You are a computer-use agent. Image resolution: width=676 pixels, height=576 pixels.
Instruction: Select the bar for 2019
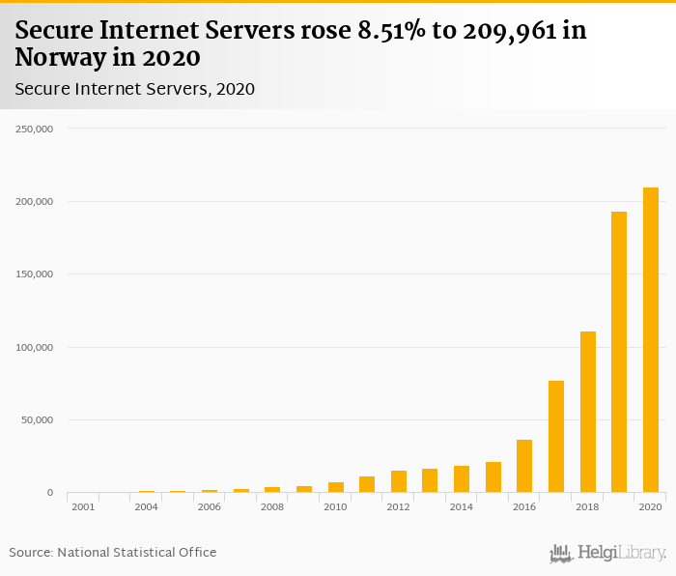click(x=619, y=352)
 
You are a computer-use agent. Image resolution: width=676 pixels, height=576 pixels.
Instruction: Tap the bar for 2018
click(x=588, y=412)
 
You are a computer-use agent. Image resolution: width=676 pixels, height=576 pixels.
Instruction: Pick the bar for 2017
click(x=556, y=437)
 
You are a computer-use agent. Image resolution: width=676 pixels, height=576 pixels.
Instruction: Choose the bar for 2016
click(x=524, y=466)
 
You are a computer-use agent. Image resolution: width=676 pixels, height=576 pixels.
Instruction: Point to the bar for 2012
click(x=399, y=481)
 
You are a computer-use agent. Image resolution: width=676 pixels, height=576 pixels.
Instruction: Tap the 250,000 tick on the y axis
click(x=36, y=129)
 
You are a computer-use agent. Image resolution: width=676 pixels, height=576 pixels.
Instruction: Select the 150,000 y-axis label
click(x=36, y=274)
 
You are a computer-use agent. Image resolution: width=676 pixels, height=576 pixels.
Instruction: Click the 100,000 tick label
click(x=36, y=347)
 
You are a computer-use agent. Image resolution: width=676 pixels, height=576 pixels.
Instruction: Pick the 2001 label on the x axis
click(x=83, y=506)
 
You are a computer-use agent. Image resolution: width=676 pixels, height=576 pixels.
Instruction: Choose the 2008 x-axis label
click(x=272, y=506)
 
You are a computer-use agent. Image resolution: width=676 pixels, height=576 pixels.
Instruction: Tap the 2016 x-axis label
click(x=524, y=506)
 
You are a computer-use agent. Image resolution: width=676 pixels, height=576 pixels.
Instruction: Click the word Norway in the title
click(x=58, y=57)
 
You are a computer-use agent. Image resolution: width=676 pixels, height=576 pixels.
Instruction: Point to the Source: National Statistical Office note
click(x=113, y=553)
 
